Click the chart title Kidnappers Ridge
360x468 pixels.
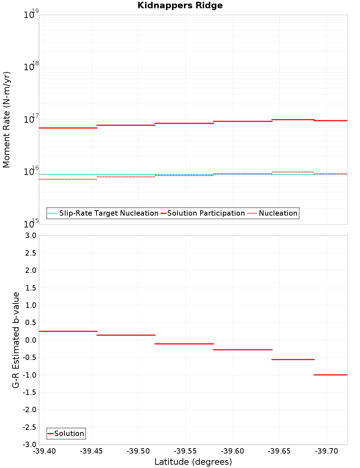(180, 5)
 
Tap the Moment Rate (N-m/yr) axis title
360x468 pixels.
(6, 120)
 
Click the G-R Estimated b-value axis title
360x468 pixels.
(16, 340)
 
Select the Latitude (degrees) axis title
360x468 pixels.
(193, 462)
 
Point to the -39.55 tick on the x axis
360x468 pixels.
(186, 451)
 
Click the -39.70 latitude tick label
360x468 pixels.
(327, 451)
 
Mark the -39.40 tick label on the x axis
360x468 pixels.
(45, 451)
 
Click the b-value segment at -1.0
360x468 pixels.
(330, 375)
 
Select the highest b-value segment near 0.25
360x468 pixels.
(68, 331)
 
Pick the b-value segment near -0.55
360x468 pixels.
(293, 359)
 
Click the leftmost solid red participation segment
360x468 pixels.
(68, 128)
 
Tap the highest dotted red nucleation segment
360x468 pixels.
(293, 172)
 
